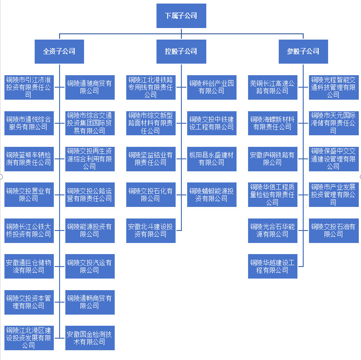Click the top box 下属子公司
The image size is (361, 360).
click(x=181, y=16)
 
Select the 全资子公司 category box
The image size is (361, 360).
click(x=59, y=51)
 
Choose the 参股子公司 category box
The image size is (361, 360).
click(x=304, y=51)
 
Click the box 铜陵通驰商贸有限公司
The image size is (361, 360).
click(x=90, y=87)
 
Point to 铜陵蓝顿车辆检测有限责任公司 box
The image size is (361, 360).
click(x=28, y=159)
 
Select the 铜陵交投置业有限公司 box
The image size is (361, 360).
click(x=28, y=195)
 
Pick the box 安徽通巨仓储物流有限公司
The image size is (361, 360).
click(x=28, y=266)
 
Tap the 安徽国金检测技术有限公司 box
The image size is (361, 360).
click(x=90, y=338)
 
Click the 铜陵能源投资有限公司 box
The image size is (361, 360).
click(x=90, y=230)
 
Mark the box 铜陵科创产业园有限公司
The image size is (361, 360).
click(x=212, y=87)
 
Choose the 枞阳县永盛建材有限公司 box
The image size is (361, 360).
click(x=212, y=159)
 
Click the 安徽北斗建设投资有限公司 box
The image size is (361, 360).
click(x=151, y=230)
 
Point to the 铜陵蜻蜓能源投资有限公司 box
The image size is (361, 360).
click(x=212, y=195)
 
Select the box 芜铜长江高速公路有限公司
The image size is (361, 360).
click(x=273, y=87)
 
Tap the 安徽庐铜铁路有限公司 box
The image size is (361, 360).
click(x=273, y=159)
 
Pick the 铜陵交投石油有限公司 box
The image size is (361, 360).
click(x=333, y=230)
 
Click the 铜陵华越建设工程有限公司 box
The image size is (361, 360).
click(x=273, y=266)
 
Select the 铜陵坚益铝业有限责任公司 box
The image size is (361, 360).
click(x=151, y=159)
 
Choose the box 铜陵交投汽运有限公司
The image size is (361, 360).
click(x=90, y=266)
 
